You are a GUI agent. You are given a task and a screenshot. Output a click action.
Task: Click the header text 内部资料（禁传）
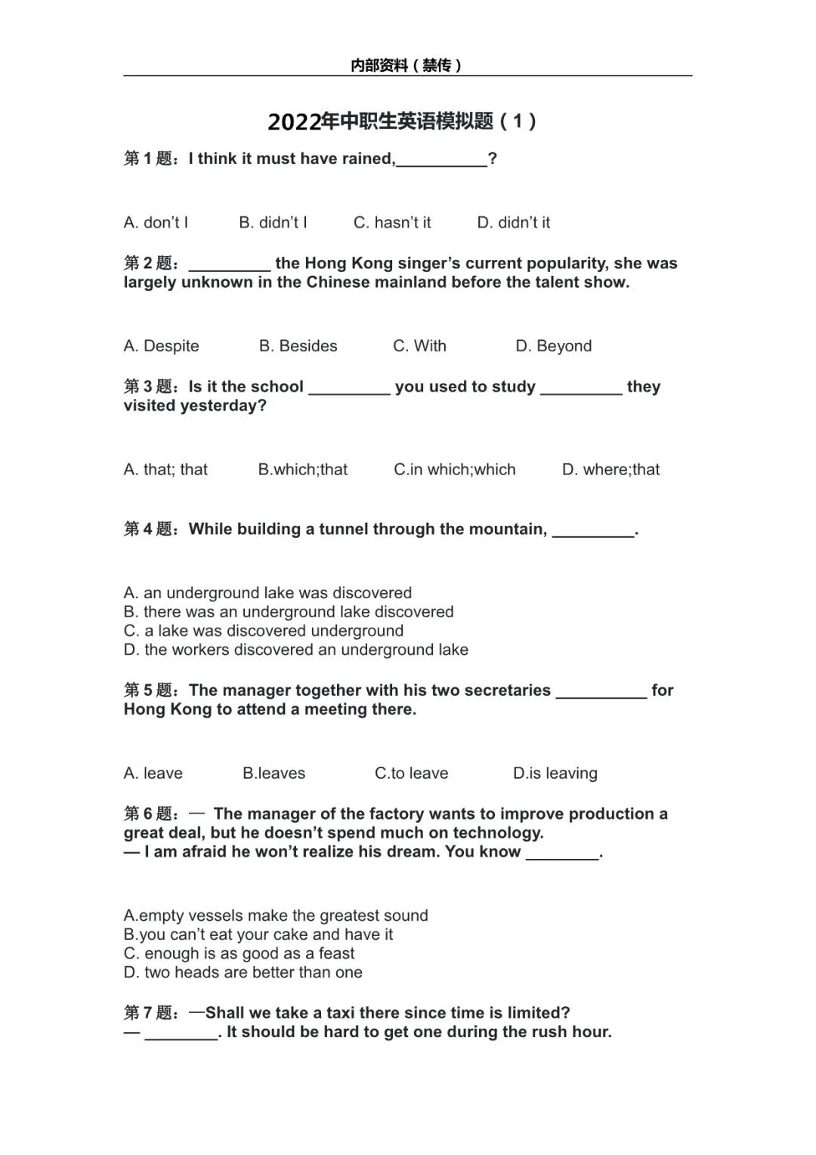pos(406,66)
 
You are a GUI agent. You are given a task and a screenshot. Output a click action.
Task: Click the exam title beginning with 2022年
pos(402,122)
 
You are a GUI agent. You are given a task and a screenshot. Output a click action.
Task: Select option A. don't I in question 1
pos(156,223)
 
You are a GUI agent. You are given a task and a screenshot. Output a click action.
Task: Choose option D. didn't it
pos(514,223)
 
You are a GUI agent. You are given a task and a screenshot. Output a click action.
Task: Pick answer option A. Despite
pos(162,346)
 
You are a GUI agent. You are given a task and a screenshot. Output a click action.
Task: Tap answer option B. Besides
pos(298,346)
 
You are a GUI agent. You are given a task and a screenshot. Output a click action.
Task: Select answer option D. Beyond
pos(554,346)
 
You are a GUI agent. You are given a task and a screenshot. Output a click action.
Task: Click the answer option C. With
pos(420,346)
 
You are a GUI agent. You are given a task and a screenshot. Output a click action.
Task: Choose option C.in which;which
pos(455,470)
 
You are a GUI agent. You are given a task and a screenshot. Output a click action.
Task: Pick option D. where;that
pos(611,470)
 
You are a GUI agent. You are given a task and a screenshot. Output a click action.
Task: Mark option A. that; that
pos(165,470)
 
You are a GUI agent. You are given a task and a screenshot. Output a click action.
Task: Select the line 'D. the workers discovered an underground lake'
pos(296,650)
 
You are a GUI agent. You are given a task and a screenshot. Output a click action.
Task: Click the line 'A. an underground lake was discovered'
pos(268,593)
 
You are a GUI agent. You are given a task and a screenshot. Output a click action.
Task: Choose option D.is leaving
pos(555,774)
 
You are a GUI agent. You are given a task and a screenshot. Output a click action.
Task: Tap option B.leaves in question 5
pos(274,774)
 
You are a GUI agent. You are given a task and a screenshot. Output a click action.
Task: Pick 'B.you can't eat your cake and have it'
pos(258,934)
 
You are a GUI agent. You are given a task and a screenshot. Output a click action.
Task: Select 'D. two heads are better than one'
pos(243,972)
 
